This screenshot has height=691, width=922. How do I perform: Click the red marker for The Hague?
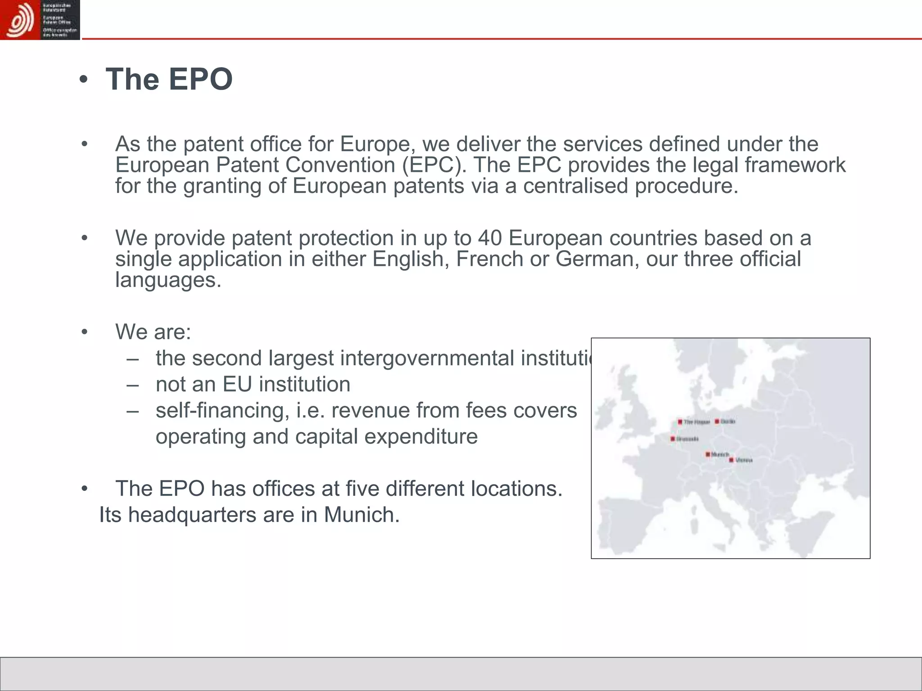click(x=680, y=422)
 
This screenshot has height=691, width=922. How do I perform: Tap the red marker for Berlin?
click(x=717, y=422)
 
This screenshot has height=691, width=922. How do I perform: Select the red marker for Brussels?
click(x=673, y=439)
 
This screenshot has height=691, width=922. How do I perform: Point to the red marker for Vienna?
click(x=732, y=460)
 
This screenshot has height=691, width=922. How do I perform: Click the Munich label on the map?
click(x=720, y=454)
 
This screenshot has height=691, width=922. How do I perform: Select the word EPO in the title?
click(x=200, y=80)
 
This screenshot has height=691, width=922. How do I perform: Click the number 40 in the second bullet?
click(x=490, y=238)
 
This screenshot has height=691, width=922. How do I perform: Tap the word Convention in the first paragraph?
click(x=340, y=165)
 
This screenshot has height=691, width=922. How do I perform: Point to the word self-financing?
click(x=222, y=410)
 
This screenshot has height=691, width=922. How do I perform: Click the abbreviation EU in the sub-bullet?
click(x=236, y=384)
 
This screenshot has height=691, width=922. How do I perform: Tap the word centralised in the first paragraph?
click(x=575, y=186)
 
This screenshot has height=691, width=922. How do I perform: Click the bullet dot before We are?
click(x=84, y=332)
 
